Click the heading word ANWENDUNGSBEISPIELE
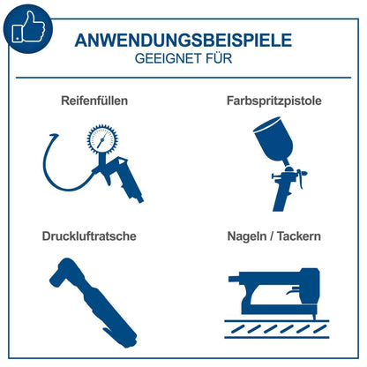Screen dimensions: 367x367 tap(183, 41)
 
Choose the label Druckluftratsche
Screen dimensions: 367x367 tap(91, 236)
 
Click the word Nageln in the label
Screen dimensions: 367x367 tap(246, 236)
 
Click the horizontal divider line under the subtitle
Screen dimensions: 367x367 tap(183, 79)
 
